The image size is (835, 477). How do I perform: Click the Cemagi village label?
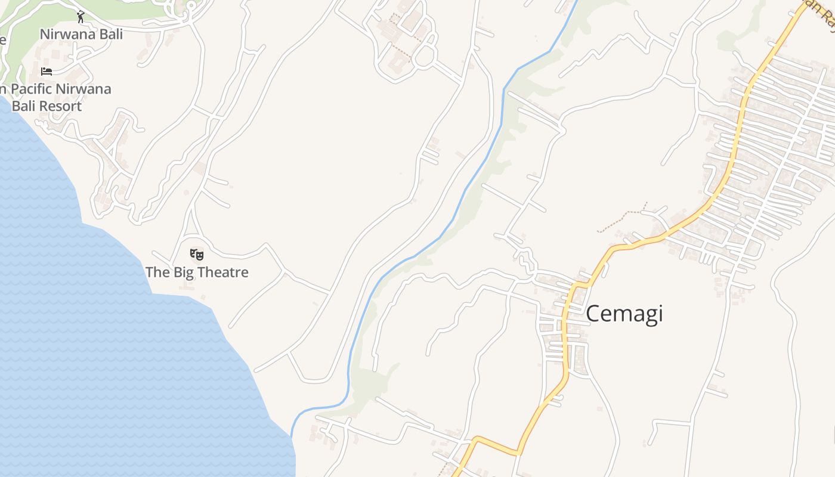(x=624, y=314)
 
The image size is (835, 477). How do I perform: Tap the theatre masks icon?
(x=197, y=255)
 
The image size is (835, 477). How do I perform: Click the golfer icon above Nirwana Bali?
(x=81, y=17)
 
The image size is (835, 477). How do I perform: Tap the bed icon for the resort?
(x=47, y=72)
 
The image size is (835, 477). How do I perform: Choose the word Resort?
(x=59, y=106)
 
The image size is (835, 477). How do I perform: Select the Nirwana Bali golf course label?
(x=81, y=34)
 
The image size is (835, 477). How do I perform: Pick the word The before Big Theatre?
(x=158, y=272)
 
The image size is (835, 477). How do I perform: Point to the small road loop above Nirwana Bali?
(x=191, y=6)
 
